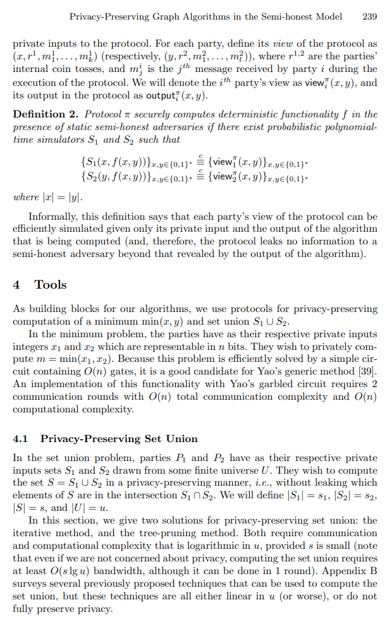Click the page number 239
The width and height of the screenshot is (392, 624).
click(x=370, y=16)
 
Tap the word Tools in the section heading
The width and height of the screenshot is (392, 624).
click(x=51, y=285)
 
